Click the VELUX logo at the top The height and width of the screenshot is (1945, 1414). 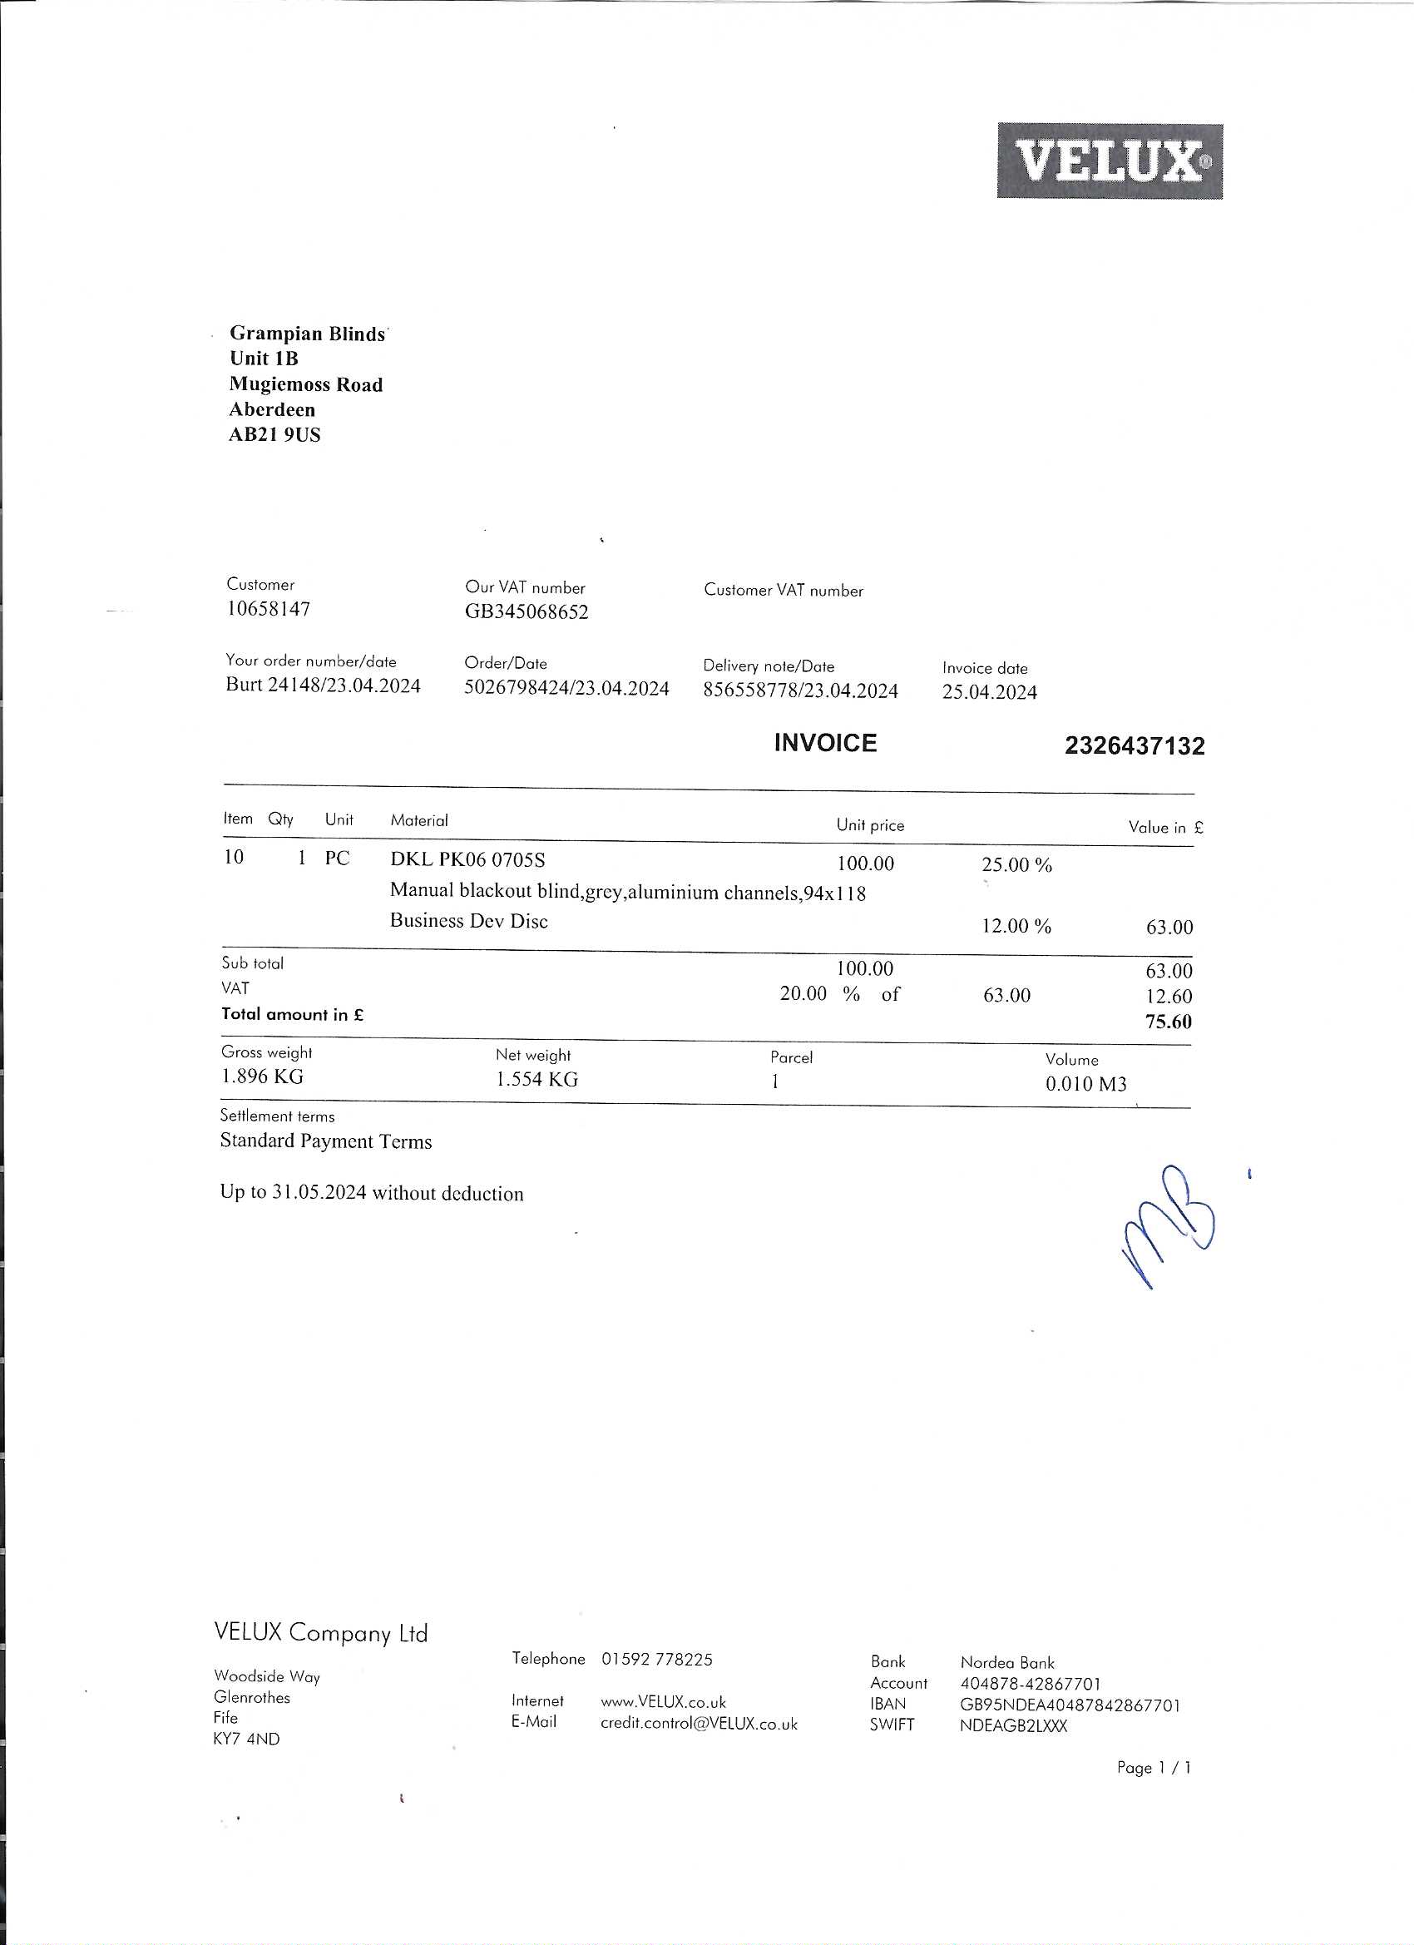click(x=1110, y=161)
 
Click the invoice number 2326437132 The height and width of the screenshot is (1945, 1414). click(x=1135, y=745)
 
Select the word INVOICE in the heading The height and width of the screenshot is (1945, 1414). click(x=825, y=743)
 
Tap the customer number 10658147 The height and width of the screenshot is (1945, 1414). click(x=269, y=609)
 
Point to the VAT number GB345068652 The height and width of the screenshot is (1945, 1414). click(x=527, y=611)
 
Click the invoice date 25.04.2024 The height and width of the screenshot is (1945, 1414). click(x=990, y=692)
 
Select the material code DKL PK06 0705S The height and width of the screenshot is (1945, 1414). click(x=467, y=859)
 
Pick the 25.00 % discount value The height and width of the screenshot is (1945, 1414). click(x=1016, y=864)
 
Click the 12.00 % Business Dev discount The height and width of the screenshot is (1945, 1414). click(x=1016, y=926)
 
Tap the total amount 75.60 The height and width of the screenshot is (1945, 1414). click(x=1168, y=1022)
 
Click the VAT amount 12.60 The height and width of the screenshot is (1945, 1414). click(x=1169, y=997)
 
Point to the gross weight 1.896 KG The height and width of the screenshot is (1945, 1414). click(x=262, y=1076)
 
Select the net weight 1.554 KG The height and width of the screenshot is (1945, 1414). click(x=536, y=1080)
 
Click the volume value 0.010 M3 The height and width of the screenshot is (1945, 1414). click(x=1085, y=1084)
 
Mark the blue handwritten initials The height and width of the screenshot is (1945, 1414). click(x=1170, y=1224)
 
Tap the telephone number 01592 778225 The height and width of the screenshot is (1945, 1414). click(x=657, y=1660)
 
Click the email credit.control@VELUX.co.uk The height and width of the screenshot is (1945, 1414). click(x=699, y=1724)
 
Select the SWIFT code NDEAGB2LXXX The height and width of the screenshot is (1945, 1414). click(x=1014, y=1726)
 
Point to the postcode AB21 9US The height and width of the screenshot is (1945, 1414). click(x=274, y=435)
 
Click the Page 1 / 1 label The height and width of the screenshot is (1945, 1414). click(x=1154, y=1768)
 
